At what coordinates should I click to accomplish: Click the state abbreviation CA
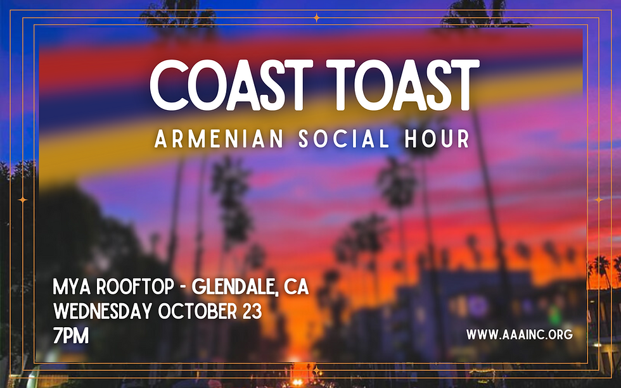pyautogui.click(x=296, y=288)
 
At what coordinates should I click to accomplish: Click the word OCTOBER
pyautogui.click(x=197, y=311)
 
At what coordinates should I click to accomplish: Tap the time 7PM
pyautogui.click(x=71, y=335)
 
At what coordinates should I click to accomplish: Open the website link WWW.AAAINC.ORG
pyautogui.click(x=520, y=334)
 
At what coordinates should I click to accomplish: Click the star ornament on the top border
pyautogui.click(x=316, y=18)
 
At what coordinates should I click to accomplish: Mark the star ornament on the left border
pyautogui.click(x=23, y=199)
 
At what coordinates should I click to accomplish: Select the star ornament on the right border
pyautogui.click(x=598, y=199)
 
